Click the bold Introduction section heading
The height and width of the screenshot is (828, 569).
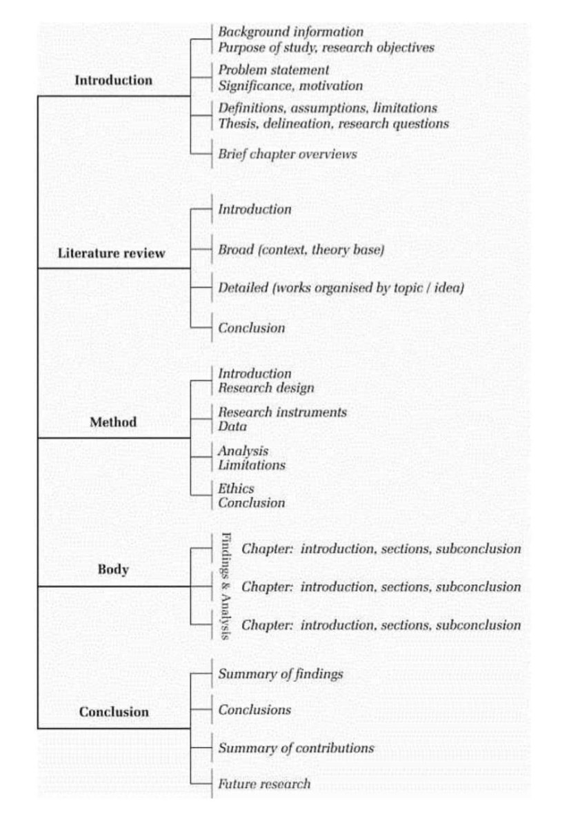[x=113, y=80]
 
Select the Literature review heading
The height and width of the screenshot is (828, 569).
[x=111, y=253]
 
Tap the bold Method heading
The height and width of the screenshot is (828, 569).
[x=113, y=422]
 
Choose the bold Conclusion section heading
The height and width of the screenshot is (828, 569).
[x=114, y=711]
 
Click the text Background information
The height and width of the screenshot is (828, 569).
[x=290, y=32]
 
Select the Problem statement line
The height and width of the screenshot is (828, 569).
[x=273, y=70]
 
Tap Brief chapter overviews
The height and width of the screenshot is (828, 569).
[x=288, y=154]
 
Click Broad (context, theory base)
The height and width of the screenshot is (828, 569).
[x=301, y=250]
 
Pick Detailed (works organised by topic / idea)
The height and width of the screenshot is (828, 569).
[x=341, y=288]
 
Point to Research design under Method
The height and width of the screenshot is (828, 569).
[x=266, y=388]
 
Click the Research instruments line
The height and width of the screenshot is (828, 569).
[x=282, y=413]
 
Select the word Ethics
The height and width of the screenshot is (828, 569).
[x=236, y=489]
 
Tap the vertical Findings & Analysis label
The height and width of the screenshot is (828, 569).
[x=226, y=586]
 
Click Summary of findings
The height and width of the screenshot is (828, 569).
[x=280, y=673]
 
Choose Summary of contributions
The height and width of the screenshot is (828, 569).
[x=296, y=748]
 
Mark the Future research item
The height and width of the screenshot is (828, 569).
[x=264, y=784]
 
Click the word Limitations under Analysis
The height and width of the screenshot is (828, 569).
[x=251, y=465]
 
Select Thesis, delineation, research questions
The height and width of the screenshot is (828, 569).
[x=333, y=124]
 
